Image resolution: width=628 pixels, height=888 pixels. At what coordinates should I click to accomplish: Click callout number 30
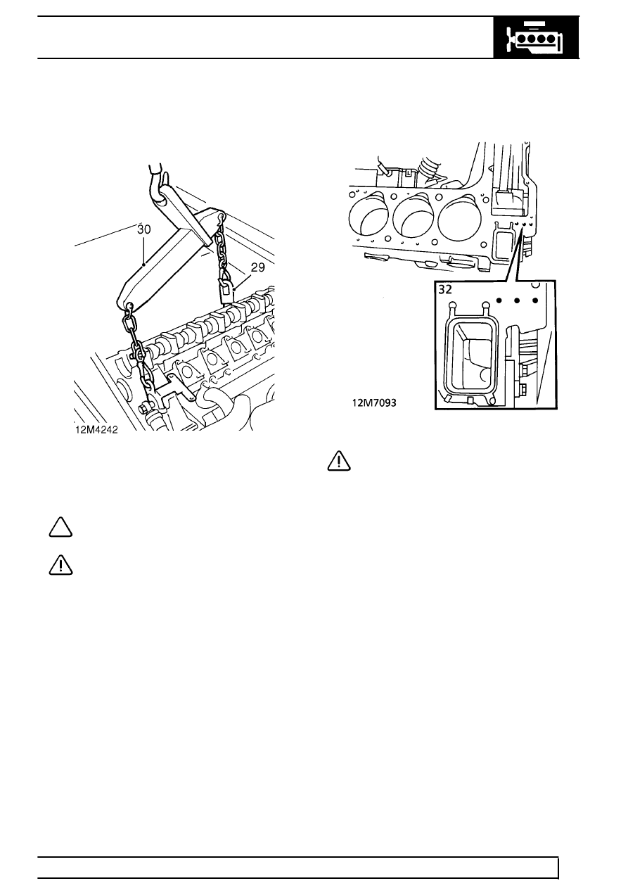click(x=144, y=229)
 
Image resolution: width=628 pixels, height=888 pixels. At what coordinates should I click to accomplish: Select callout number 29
click(x=258, y=267)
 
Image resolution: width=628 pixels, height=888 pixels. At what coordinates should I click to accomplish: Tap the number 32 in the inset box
click(x=445, y=290)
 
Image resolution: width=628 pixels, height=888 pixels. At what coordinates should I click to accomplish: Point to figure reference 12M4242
click(x=96, y=430)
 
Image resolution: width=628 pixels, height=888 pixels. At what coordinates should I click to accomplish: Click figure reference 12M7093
click(x=374, y=403)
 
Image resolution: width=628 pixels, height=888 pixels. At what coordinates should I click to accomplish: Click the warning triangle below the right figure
click(x=339, y=461)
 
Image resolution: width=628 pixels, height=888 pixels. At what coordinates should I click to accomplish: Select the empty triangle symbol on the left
click(x=60, y=527)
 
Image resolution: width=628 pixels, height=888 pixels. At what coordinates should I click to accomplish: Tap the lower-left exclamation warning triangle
click(x=60, y=565)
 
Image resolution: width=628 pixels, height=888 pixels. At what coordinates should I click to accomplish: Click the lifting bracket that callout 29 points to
click(x=226, y=290)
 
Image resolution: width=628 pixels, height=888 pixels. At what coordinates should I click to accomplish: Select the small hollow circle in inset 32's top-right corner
click(x=536, y=284)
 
